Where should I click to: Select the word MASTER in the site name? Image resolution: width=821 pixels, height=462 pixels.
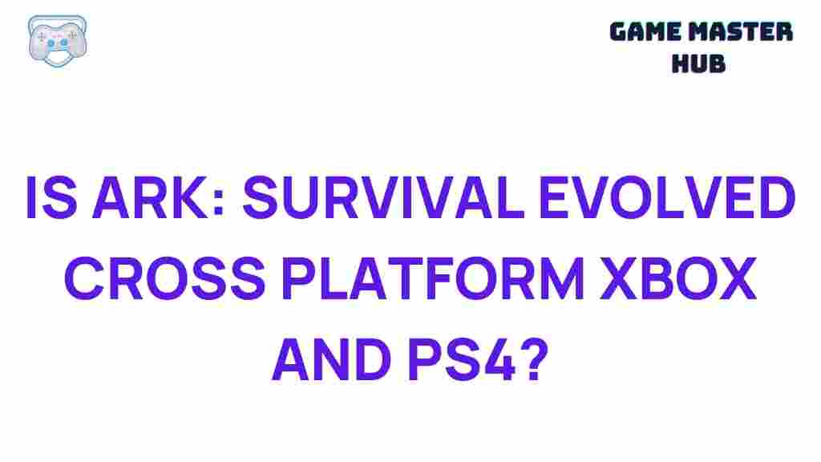tap(746, 33)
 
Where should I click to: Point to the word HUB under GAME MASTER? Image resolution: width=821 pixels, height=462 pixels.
tap(698, 63)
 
